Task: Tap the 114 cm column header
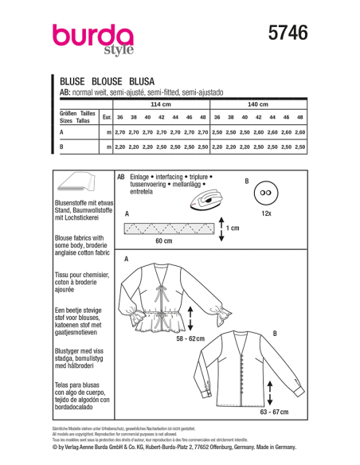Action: click(x=161, y=104)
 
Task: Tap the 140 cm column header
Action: click(x=258, y=104)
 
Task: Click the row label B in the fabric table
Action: click(x=62, y=147)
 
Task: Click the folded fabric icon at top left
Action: click(x=74, y=182)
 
